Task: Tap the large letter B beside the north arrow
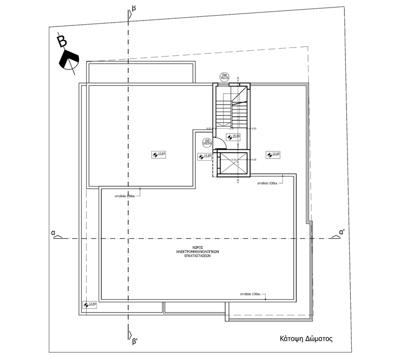point(63,41)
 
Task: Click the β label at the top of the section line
point(134,9)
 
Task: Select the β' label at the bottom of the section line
point(135,341)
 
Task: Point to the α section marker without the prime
point(53,232)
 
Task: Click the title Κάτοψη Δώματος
point(305,340)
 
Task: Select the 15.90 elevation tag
point(233,137)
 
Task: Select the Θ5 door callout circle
point(206,143)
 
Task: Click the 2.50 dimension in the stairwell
point(231,129)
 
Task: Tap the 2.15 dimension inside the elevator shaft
point(233,160)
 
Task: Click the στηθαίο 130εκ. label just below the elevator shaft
point(268,183)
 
